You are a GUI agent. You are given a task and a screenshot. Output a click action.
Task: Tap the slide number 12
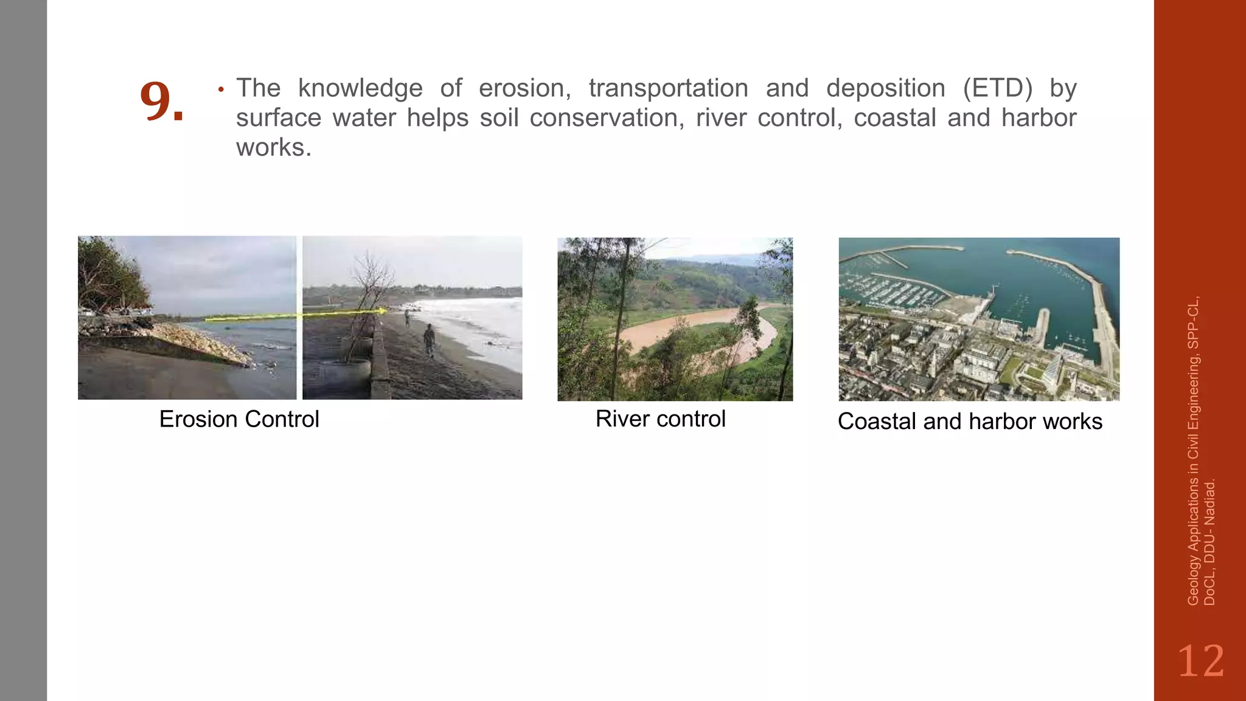tap(1200, 661)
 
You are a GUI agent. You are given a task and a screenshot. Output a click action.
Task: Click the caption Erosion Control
tap(239, 419)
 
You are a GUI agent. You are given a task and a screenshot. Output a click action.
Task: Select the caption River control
tap(660, 419)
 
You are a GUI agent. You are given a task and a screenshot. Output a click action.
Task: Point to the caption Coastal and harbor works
tap(970, 421)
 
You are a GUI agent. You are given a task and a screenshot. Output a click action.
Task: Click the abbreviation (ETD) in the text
tap(998, 88)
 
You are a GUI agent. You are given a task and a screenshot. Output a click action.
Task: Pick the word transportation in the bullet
tap(668, 88)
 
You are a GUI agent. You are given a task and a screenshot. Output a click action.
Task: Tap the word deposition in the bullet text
tap(885, 88)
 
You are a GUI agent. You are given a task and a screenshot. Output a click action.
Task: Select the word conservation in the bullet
tap(607, 117)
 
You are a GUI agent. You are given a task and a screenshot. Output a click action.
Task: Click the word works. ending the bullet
tap(274, 147)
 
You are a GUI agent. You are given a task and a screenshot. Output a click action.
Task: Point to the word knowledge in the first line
tap(360, 88)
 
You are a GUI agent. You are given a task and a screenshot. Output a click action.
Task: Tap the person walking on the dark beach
tap(430, 340)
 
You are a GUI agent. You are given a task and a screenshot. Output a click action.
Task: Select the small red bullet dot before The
tap(221, 90)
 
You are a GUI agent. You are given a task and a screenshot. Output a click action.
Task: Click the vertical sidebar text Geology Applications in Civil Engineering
tap(1194, 450)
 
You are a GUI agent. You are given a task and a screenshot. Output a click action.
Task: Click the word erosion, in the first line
tap(524, 88)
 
